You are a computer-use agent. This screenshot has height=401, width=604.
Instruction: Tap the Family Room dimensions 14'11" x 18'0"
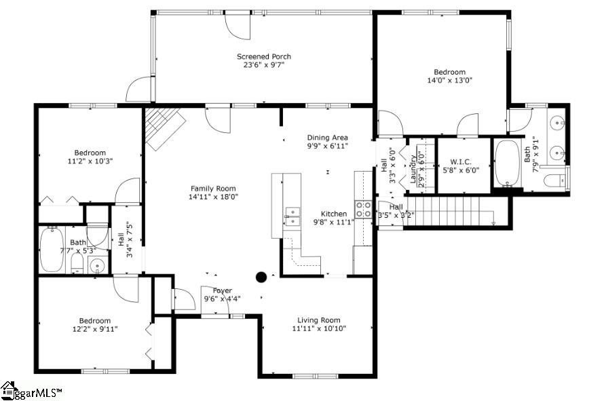[x=213, y=197]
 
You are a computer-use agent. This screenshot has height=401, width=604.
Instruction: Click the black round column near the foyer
[x=261, y=276]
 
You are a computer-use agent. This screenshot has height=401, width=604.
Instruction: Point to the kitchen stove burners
[x=363, y=209]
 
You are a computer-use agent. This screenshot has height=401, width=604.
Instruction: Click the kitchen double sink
[x=292, y=216]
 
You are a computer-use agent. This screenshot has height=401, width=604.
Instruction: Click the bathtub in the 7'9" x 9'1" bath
[x=507, y=164]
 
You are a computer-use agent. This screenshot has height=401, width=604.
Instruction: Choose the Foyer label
[x=222, y=290]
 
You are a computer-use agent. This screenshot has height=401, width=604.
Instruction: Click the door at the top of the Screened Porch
[x=238, y=24]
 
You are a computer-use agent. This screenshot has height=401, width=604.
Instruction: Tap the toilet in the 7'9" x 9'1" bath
[x=556, y=180]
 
